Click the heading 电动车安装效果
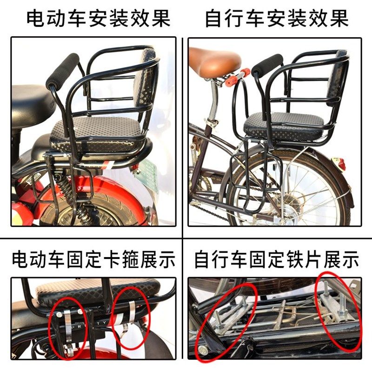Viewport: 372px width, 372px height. pyautogui.click(x=98, y=19)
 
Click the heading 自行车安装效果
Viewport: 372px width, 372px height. pyautogui.click(x=277, y=19)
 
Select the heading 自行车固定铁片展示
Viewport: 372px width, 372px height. pyautogui.click(x=277, y=259)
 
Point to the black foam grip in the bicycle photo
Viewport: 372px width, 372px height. pyautogui.click(x=267, y=66)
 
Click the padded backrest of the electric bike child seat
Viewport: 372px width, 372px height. pyautogui.click(x=146, y=86)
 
